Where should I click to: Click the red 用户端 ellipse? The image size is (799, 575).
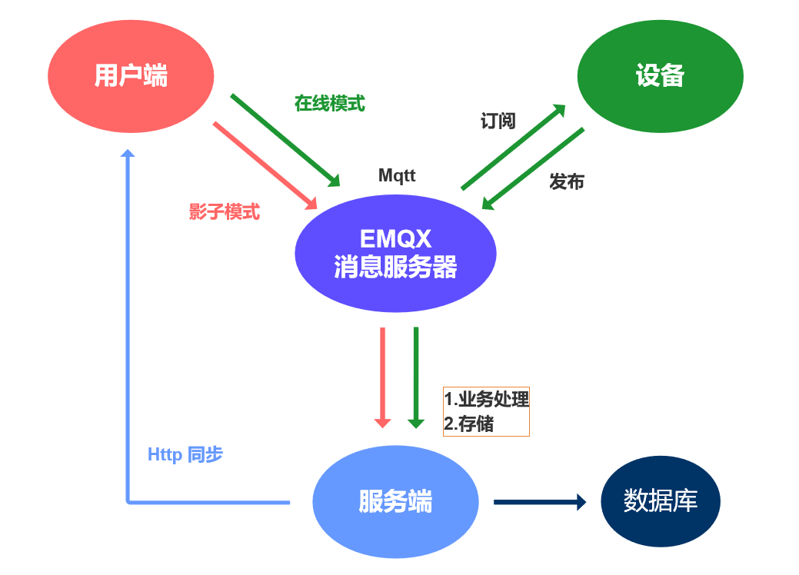[130, 76]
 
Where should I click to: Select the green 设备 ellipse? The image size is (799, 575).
[660, 76]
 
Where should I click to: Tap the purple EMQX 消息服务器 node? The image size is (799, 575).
[395, 253]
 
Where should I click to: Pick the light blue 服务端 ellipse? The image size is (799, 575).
[395, 501]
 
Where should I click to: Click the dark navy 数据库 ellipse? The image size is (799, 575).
[660, 501]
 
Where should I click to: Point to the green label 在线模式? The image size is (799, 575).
[329, 103]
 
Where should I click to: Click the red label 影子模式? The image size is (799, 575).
[225, 212]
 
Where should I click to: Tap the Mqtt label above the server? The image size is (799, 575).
[397, 175]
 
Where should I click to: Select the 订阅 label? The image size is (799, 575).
[498, 121]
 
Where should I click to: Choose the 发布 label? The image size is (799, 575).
[567, 181]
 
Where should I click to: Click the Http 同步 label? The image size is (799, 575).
[185, 454]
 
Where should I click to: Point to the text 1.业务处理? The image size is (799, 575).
[487, 400]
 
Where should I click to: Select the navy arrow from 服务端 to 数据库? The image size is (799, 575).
[538, 502]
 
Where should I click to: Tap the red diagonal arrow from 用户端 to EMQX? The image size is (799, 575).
[265, 165]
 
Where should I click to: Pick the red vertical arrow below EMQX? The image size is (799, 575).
[382, 377]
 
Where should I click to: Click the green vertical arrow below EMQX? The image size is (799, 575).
[416, 377]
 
